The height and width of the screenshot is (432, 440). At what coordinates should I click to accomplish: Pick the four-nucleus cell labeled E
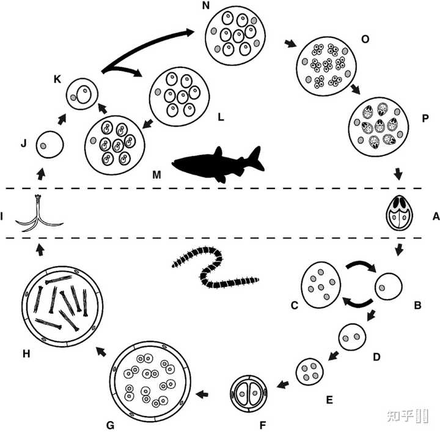309,371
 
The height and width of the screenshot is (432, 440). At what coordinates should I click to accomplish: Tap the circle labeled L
181,94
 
